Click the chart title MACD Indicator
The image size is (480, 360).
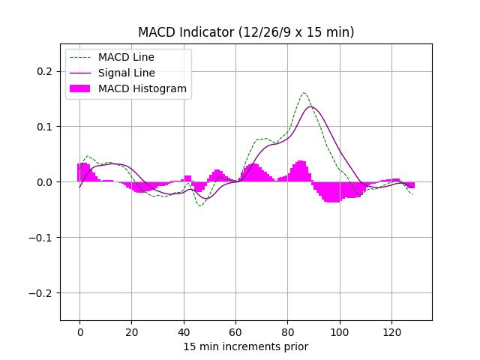[246, 32]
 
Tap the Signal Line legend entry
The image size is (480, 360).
[126, 73]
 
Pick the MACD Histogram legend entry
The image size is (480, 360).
[142, 88]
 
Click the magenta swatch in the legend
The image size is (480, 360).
[80, 88]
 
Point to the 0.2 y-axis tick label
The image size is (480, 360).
[45, 71]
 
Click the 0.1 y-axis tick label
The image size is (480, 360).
[45, 127]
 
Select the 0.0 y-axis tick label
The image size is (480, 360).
[45, 182]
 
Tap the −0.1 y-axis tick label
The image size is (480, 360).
[42, 238]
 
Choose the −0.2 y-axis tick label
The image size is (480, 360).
[42, 293]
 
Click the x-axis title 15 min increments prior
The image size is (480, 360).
[246, 346]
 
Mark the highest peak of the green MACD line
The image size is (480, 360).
[304, 93]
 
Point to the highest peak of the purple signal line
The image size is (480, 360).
[310, 106]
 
